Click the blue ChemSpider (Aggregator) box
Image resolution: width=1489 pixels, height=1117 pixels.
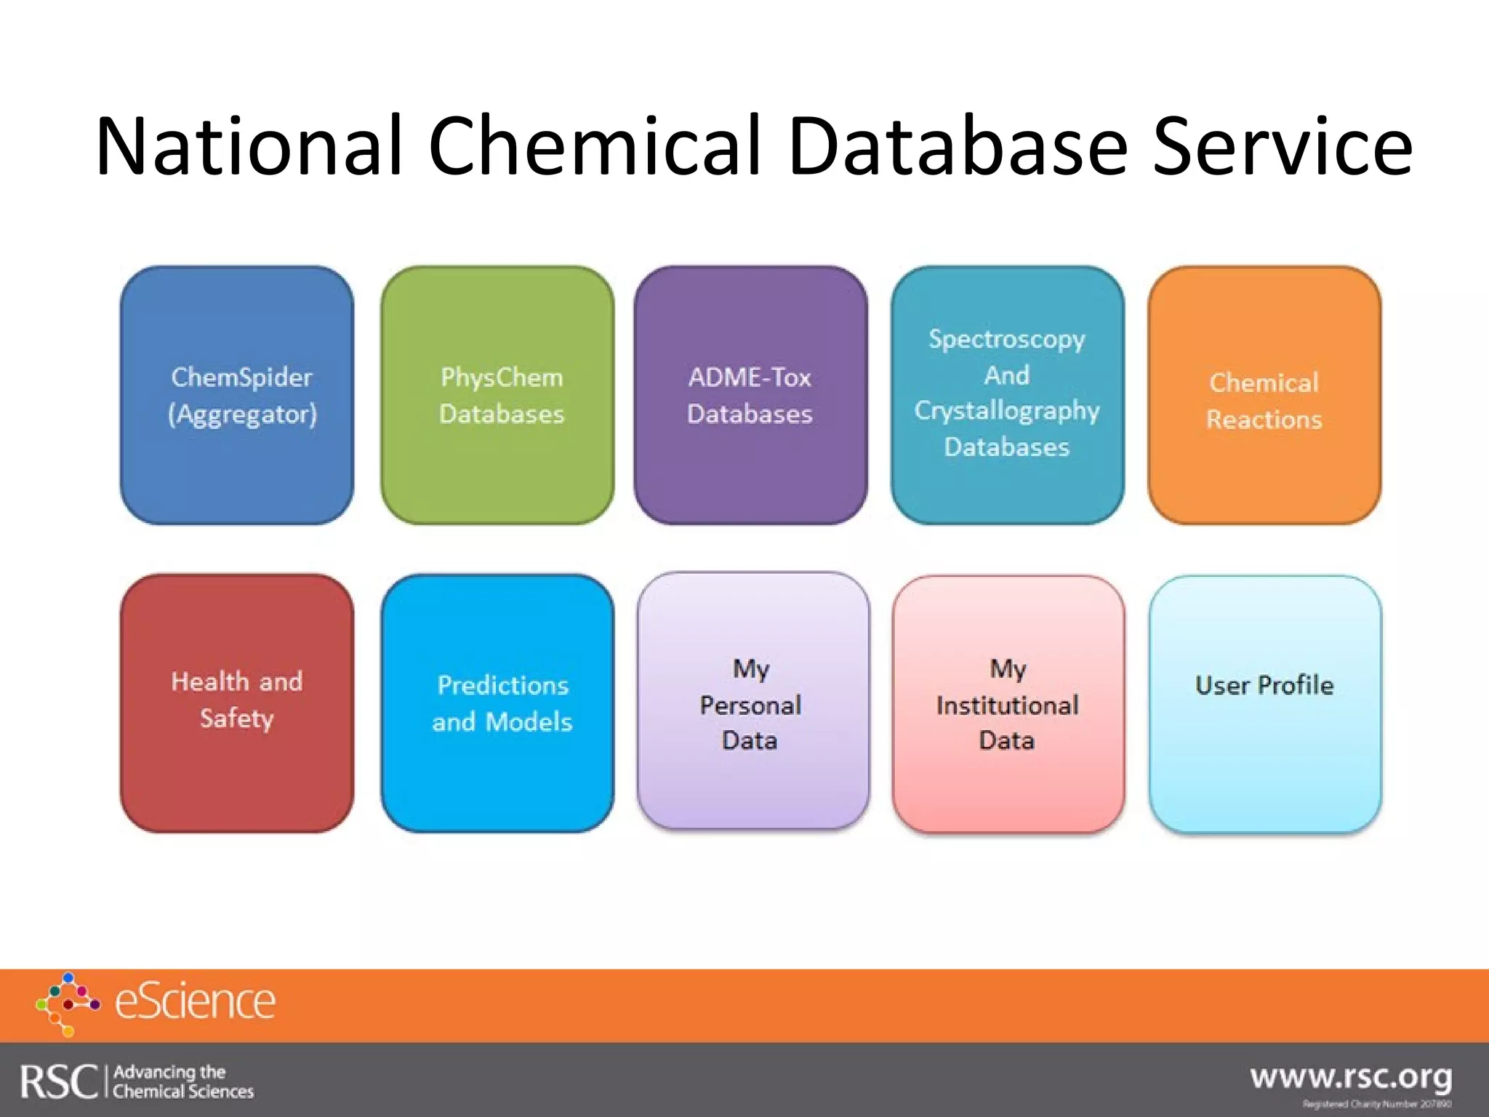pyautogui.click(x=237, y=395)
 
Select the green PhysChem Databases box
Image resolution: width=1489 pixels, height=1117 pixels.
pyautogui.click(x=497, y=395)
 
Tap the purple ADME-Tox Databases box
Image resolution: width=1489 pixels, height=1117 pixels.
pyautogui.click(x=750, y=395)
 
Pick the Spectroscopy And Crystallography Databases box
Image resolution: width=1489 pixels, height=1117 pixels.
pyautogui.click(x=1007, y=395)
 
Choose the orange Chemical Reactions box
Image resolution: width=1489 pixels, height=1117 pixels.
pyautogui.click(x=1264, y=395)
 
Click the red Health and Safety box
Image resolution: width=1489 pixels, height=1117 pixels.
pyautogui.click(x=237, y=702)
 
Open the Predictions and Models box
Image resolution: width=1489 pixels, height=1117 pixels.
pyautogui.click(x=497, y=702)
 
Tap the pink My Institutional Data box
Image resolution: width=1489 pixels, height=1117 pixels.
pyautogui.click(x=1008, y=702)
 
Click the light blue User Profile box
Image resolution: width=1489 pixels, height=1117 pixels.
pyautogui.click(x=1265, y=702)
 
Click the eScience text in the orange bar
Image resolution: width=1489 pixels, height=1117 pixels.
pyautogui.click(x=196, y=1003)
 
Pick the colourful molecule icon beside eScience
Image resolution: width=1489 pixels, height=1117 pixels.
pyautogui.click(x=68, y=1004)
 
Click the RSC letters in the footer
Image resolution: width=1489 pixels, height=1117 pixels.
pyautogui.click(x=58, y=1081)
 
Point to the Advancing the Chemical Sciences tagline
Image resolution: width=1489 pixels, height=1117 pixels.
pyautogui.click(x=183, y=1081)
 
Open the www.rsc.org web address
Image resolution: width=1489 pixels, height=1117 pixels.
pyautogui.click(x=1351, y=1077)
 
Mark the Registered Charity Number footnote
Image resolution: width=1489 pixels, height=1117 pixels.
pyautogui.click(x=1376, y=1104)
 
